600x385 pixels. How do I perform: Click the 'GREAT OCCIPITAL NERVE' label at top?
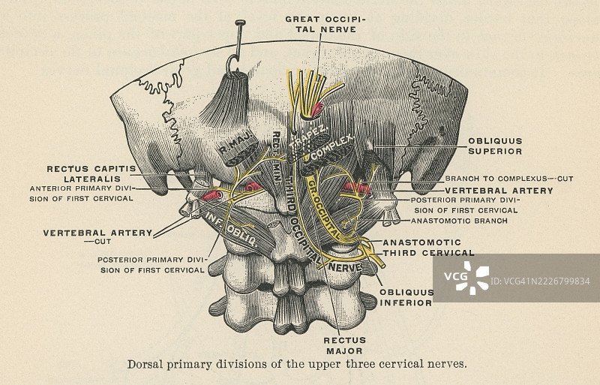tap(320, 23)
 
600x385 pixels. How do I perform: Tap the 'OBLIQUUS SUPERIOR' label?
tap(495, 146)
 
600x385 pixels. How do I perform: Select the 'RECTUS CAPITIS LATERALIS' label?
tap(89, 173)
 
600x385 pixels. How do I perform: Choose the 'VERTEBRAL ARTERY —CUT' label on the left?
tap(98, 237)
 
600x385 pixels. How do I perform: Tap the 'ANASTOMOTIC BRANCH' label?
tap(460, 221)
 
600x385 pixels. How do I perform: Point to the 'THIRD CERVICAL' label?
tap(428, 253)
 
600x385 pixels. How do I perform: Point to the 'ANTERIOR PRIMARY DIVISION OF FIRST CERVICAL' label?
tap(82, 193)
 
